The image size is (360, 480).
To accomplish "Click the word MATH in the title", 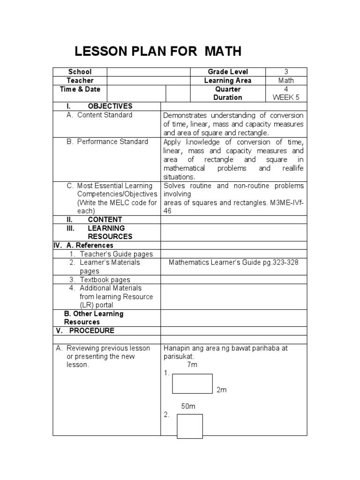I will click(223, 52).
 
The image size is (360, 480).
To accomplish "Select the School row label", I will click(80, 72).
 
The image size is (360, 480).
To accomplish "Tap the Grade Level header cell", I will click(228, 72).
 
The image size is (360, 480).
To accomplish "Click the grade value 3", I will click(286, 72).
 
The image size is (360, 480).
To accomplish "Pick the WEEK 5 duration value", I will click(286, 97).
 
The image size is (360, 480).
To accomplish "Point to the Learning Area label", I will click(228, 81).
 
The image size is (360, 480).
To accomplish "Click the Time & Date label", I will click(80, 89).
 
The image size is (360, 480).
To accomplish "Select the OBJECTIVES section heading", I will click(110, 106).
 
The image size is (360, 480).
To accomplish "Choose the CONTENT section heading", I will click(105, 219).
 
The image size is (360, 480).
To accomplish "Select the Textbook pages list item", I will click(105, 280).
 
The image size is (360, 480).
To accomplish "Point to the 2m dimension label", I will click(221, 390).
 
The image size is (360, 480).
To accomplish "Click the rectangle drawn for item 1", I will click(192, 383).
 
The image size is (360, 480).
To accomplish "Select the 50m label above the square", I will click(188, 406).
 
